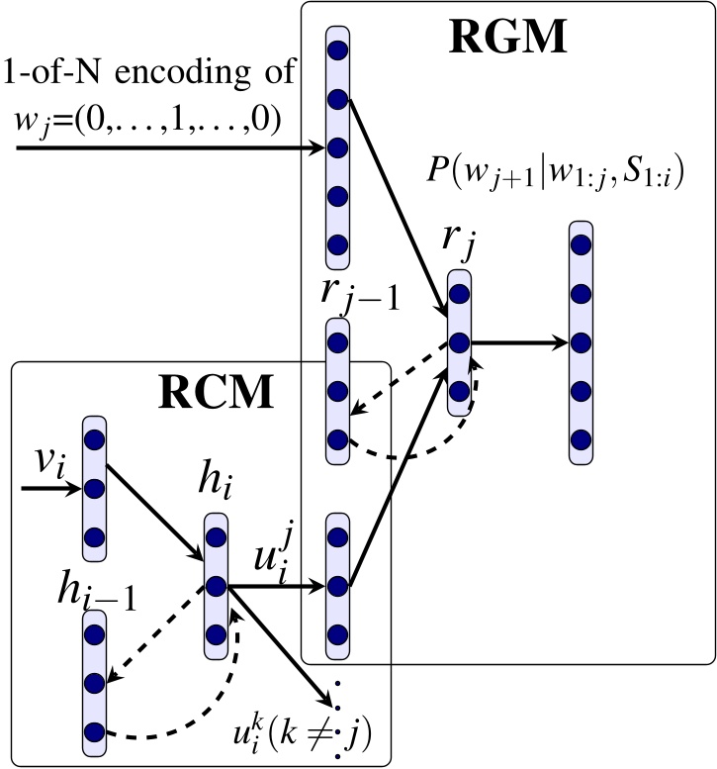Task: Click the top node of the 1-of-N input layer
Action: point(337,50)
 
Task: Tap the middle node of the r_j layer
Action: point(458,342)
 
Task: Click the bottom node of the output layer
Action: point(582,437)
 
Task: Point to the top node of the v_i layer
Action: point(95,438)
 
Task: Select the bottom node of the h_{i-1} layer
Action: point(95,732)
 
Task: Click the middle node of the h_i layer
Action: point(218,586)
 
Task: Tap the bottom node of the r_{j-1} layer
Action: point(337,437)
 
